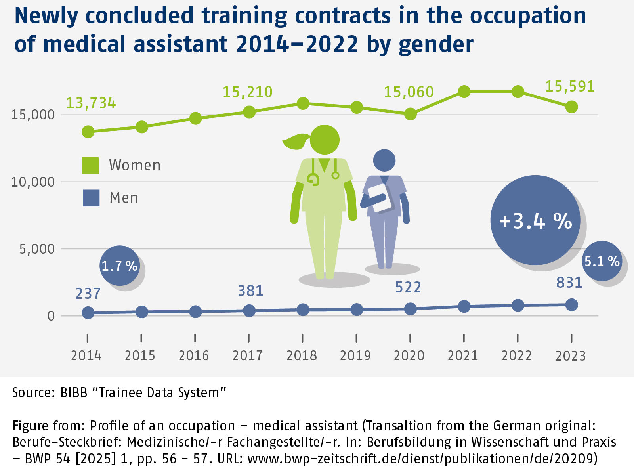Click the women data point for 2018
[303, 103]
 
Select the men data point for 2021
[464, 306]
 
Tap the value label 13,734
[91, 103]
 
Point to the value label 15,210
[247, 92]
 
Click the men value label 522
[408, 287]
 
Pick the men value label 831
[569, 283]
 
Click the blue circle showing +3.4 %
[535, 220]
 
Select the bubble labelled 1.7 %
[119, 266]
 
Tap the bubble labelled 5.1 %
[602, 261]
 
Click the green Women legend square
[90, 165]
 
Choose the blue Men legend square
[91, 198]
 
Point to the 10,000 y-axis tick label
[33, 182]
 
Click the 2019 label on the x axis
[355, 355]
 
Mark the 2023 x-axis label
[571, 356]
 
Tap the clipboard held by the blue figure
[380, 197]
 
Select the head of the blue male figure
[384, 161]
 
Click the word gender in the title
[436, 44]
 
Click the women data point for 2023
[571, 107]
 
